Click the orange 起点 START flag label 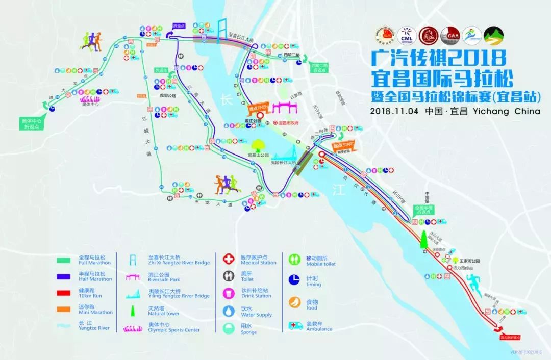(343, 144)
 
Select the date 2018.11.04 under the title (394, 111)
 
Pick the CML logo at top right (406, 35)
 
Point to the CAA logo (450, 35)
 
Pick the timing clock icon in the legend (295, 279)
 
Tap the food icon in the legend (295, 302)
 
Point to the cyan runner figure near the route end (471, 282)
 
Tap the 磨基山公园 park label (258, 156)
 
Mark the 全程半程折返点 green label (423, 210)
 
